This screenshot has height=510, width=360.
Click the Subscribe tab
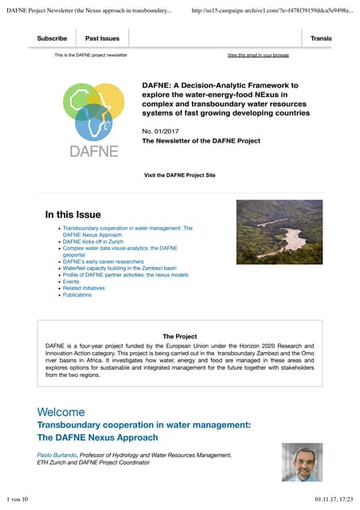(x=52, y=38)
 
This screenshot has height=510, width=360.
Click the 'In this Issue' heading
(x=73, y=214)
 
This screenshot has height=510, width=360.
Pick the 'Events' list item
(x=71, y=281)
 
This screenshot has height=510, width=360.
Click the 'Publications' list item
(x=77, y=295)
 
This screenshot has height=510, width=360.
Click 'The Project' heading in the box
(x=179, y=336)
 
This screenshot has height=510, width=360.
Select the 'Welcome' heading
(x=61, y=412)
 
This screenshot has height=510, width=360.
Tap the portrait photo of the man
(x=302, y=462)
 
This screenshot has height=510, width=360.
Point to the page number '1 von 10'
(x=16, y=499)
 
